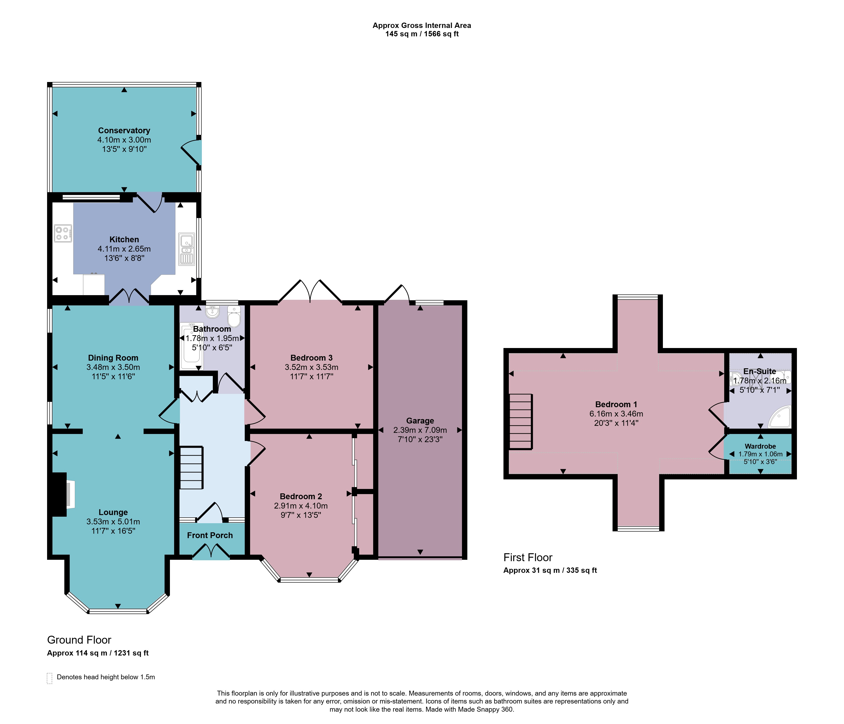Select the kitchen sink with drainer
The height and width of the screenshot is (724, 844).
click(186, 249)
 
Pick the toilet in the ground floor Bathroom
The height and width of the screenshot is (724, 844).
click(234, 316)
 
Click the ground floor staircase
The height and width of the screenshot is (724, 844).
click(191, 468)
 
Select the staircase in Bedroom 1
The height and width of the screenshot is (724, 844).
click(520, 421)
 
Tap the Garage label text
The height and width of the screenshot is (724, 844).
click(420, 421)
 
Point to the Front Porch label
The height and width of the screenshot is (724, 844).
click(210, 535)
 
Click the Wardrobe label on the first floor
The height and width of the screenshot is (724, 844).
click(760, 446)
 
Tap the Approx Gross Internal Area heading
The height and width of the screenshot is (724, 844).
click(422, 25)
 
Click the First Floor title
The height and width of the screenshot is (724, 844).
click(528, 557)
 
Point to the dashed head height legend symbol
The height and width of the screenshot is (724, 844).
click(50, 678)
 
